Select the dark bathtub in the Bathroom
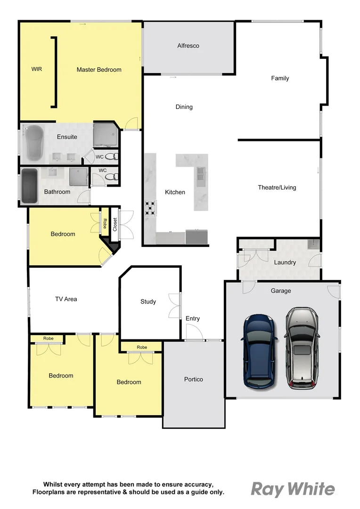[29, 185]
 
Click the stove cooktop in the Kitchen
[150, 208]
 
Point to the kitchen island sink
[201, 174]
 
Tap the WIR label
[37, 69]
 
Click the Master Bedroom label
[99, 70]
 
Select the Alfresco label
[188, 46]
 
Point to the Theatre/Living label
[277, 188]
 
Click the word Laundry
[285, 263]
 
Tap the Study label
[148, 302]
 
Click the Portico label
[194, 379]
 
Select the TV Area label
[66, 299]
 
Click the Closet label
[115, 224]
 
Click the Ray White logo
[293, 489]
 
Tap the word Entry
[192, 319]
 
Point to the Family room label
[280, 78]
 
